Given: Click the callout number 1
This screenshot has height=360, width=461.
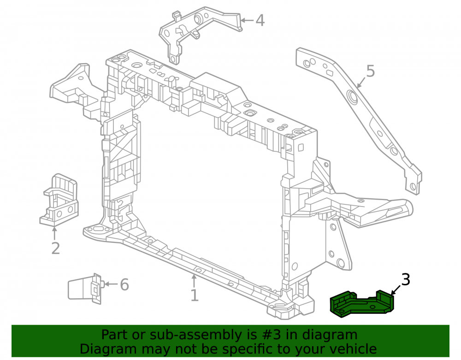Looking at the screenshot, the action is click(x=195, y=295).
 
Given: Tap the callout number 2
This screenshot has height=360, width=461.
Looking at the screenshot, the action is click(x=56, y=248).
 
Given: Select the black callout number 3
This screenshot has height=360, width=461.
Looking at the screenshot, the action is click(x=406, y=279).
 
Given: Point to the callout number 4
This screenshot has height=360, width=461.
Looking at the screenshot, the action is click(x=260, y=21).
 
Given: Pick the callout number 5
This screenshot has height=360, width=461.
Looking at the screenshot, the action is click(x=371, y=71).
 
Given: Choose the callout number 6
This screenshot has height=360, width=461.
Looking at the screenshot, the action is click(x=124, y=284).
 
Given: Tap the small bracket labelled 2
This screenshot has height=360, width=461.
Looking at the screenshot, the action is click(x=59, y=200).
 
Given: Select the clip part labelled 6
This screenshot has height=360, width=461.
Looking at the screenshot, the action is click(x=85, y=289).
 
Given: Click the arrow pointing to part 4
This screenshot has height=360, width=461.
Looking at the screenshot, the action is click(x=247, y=20).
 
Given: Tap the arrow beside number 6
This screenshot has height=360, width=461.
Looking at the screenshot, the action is click(x=111, y=284).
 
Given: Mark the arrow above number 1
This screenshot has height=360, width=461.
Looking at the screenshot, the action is click(x=194, y=281).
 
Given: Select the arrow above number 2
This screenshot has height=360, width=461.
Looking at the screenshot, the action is click(x=54, y=233).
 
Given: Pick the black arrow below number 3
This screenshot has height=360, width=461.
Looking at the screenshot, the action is click(x=396, y=290).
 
